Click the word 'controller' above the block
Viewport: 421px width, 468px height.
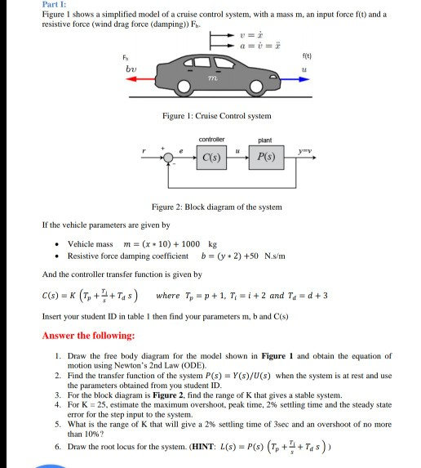pyautogui.click(x=210, y=140)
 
